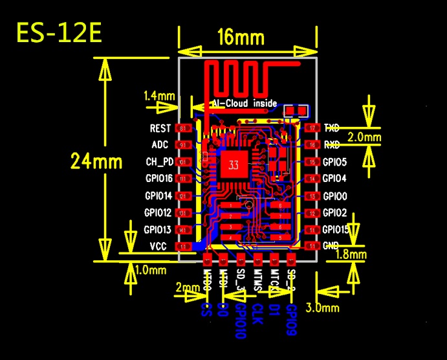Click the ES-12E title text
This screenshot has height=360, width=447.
click(x=59, y=33)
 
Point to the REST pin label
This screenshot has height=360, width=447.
click(x=160, y=129)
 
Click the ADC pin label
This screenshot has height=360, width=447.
click(x=160, y=145)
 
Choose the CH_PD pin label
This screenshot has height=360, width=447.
click(x=158, y=161)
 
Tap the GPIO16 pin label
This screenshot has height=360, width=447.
click(x=158, y=178)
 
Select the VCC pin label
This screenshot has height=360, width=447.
click(x=158, y=246)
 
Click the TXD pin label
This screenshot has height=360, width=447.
click(x=332, y=128)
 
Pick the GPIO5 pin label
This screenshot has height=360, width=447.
click(x=334, y=162)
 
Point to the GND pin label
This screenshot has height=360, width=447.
click(x=331, y=246)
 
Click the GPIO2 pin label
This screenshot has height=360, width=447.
click(x=334, y=212)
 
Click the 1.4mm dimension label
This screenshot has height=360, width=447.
click(x=160, y=96)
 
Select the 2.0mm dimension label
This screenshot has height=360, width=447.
click(x=364, y=137)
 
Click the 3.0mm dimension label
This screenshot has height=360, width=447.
click(x=326, y=307)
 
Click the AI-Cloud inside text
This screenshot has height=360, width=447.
click(x=245, y=104)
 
